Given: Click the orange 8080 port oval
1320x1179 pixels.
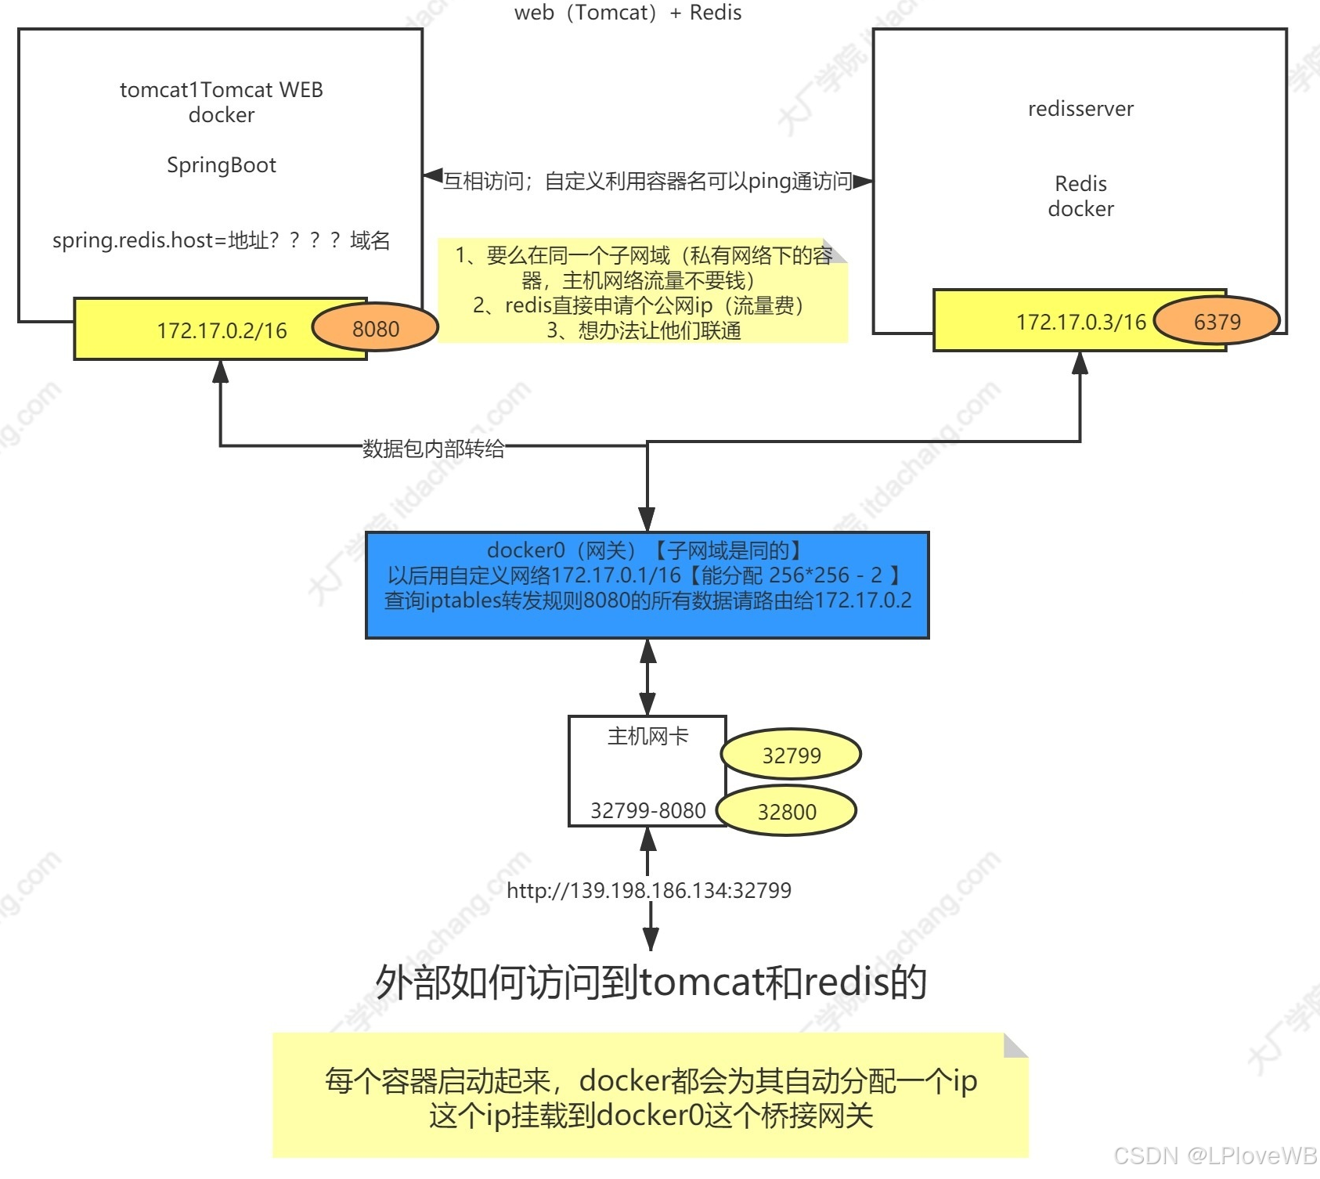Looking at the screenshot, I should tap(375, 328).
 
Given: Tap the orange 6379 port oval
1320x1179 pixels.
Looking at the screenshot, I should tap(1217, 321).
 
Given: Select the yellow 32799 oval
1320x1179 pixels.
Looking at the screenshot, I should tap(791, 755).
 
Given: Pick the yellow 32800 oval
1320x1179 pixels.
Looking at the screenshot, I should tap(787, 811).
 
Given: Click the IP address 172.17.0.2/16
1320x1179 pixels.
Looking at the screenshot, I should tap(222, 330).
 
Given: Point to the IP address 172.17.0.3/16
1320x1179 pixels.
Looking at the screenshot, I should tap(1080, 322).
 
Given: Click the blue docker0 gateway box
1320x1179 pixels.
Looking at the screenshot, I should tap(647, 586).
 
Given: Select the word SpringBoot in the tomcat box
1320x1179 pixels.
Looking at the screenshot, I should tap(222, 165).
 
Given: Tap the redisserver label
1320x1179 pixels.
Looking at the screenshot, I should tap(1080, 109).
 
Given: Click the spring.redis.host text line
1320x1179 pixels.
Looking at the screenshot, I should tap(221, 240).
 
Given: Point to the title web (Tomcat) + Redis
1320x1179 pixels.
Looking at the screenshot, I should tap(628, 13).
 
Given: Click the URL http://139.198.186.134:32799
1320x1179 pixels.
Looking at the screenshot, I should tap(648, 890).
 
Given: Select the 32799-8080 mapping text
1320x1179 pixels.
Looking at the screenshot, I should tap(647, 810).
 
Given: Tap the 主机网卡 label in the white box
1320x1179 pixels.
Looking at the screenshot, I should tap(647, 736).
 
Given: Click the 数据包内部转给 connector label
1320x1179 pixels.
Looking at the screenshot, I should tap(433, 449).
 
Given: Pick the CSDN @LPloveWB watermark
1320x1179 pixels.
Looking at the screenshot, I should tap(1215, 1156).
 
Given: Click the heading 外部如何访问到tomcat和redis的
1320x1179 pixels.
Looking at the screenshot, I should tap(651, 982).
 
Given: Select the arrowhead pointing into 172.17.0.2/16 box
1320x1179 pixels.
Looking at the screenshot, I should tap(221, 371).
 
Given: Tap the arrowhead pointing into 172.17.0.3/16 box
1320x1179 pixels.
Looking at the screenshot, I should tap(1080, 362).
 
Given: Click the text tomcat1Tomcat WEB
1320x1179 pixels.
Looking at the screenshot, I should tap(222, 90).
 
